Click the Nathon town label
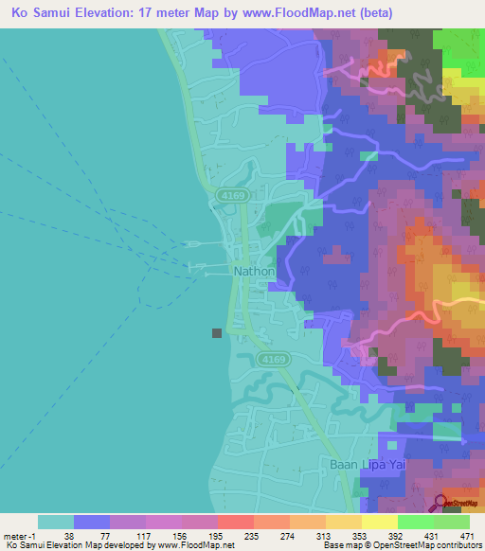254,272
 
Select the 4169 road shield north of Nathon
228,195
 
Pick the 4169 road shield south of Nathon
272,360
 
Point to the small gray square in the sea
217,332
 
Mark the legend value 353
360,535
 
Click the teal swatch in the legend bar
56,522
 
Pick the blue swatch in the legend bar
92,522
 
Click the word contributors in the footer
453,545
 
